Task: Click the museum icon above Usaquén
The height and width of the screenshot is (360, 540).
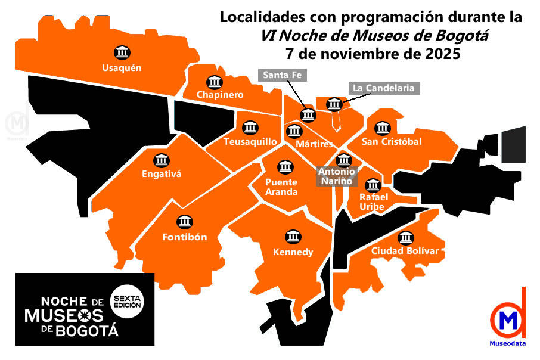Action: pos(122,52)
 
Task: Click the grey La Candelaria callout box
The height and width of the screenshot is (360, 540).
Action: pos(383,88)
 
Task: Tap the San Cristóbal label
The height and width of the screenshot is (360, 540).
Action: pos(392,142)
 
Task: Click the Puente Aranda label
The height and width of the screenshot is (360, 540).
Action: pos(281,187)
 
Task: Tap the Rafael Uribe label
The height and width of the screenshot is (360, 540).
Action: pos(374,201)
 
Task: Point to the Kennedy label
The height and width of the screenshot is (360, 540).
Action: pos(293,252)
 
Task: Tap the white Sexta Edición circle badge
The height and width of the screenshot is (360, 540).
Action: pos(127,300)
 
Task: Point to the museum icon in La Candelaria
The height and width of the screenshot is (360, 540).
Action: pos(334,104)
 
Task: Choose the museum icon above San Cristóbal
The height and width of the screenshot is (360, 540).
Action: pos(381,128)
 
